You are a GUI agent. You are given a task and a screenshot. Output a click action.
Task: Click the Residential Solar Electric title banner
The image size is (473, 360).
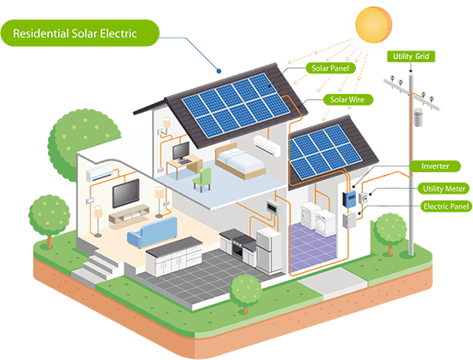(x=80, y=33)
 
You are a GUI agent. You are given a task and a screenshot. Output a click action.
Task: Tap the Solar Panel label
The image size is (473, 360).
(x=330, y=68)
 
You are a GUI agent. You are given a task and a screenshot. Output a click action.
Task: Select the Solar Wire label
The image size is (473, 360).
(x=347, y=100)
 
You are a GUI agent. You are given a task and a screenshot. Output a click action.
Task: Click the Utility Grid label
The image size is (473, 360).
(x=411, y=56)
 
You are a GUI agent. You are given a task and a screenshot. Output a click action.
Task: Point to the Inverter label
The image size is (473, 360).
(x=435, y=166)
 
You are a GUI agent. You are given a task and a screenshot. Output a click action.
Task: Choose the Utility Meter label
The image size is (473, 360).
(x=444, y=189)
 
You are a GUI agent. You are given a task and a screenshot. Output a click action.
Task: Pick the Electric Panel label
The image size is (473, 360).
(x=446, y=206)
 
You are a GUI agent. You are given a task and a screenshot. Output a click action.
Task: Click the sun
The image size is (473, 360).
(x=373, y=24)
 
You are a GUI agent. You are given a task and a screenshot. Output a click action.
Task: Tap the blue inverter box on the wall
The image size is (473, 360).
(x=349, y=200)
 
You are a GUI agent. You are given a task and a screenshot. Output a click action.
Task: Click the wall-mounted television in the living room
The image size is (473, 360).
(x=126, y=193)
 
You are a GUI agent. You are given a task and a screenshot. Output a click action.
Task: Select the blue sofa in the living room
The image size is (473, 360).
(x=153, y=232)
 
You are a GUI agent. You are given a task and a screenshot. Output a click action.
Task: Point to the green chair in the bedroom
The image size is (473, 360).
(x=201, y=180)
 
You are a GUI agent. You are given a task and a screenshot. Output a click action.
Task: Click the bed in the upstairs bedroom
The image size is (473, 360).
(x=240, y=161)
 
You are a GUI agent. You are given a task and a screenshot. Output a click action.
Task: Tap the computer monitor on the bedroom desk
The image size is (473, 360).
(x=181, y=151)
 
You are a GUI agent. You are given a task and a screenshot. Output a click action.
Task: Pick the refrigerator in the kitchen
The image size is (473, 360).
(x=268, y=250)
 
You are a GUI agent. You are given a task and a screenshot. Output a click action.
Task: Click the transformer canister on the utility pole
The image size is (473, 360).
(x=418, y=117)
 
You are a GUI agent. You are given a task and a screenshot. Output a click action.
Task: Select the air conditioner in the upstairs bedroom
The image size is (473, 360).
(x=267, y=146)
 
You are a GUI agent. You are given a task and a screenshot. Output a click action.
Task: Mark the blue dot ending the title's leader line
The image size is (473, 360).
(x=219, y=71)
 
